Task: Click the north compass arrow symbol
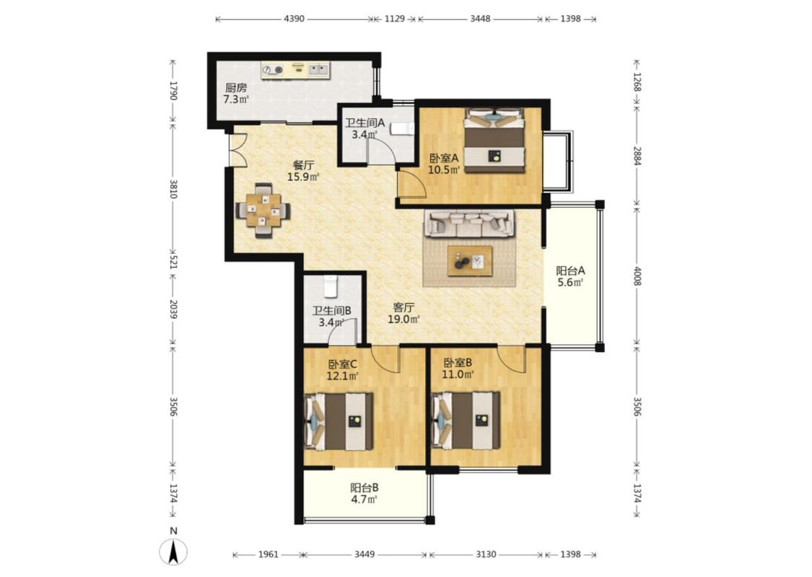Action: [x=173, y=552]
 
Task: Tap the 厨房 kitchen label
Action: [x=235, y=88]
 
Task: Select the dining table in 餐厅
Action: [x=263, y=211]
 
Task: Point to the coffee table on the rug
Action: [x=470, y=261]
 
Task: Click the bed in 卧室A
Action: [x=494, y=140]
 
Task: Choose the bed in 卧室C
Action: [x=339, y=421]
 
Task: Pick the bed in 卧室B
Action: [x=466, y=420]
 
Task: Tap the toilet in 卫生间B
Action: [x=331, y=286]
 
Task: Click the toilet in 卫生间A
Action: [x=402, y=128]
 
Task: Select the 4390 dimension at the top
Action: [x=294, y=19]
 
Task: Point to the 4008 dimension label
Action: [x=637, y=276]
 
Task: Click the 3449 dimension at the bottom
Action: [x=364, y=554]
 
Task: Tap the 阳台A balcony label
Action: [x=570, y=270]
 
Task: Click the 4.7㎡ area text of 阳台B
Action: [x=364, y=499]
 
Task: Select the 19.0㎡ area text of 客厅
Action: [x=404, y=320]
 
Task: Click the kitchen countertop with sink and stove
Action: [x=295, y=71]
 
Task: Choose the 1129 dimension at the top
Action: [x=395, y=19]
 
